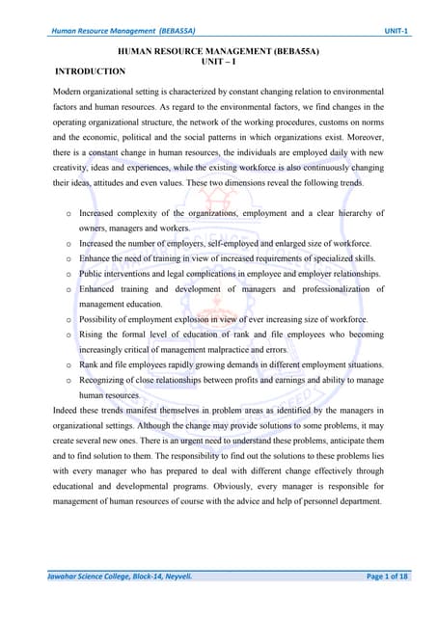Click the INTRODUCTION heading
91,71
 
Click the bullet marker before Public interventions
68,273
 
